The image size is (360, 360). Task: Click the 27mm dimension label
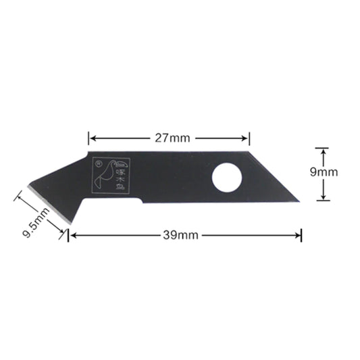coord(169,138)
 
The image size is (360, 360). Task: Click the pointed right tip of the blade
coord(298,200)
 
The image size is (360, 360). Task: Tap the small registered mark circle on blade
coord(99,163)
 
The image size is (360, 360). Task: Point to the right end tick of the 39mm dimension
coord(301,235)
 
